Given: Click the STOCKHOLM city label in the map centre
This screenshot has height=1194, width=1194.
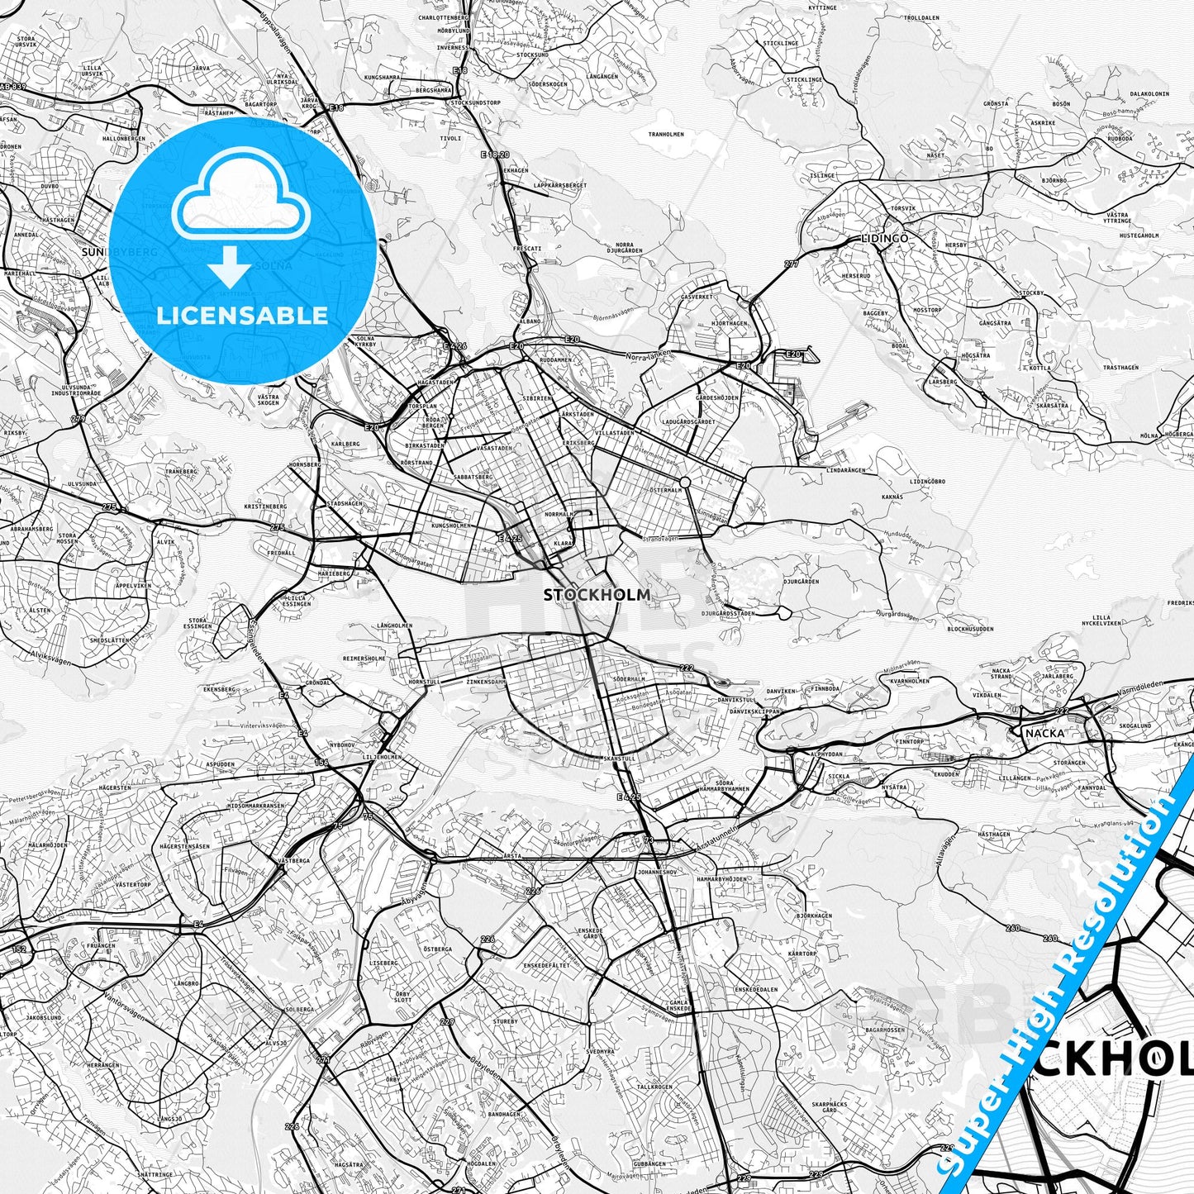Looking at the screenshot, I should (x=597, y=594).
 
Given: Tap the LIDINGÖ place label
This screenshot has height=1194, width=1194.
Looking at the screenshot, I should (x=884, y=238).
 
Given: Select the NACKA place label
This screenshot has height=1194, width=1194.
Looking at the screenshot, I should (x=1044, y=732).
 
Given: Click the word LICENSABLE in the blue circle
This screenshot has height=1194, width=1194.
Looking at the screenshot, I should (x=243, y=315).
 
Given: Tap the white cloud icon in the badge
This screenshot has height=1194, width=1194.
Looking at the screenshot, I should (x=241, y=197).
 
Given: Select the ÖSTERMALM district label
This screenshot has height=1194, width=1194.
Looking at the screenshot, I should (x=667, y=489).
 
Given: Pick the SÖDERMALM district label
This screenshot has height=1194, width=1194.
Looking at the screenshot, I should (x=630, y=678).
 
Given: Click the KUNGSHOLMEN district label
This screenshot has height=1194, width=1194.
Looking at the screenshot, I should (x=450, y=525).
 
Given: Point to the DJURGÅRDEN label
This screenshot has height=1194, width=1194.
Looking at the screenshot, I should (x=801, y=581).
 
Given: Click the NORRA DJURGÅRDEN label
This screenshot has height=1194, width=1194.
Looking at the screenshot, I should (x=625, y=249).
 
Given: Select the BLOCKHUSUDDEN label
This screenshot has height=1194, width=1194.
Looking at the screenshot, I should (x=970, y=629).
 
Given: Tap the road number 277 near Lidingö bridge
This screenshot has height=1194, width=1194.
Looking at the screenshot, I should (x=792, y=264).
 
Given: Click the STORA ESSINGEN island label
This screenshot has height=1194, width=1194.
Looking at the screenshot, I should (x=197, y=623).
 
